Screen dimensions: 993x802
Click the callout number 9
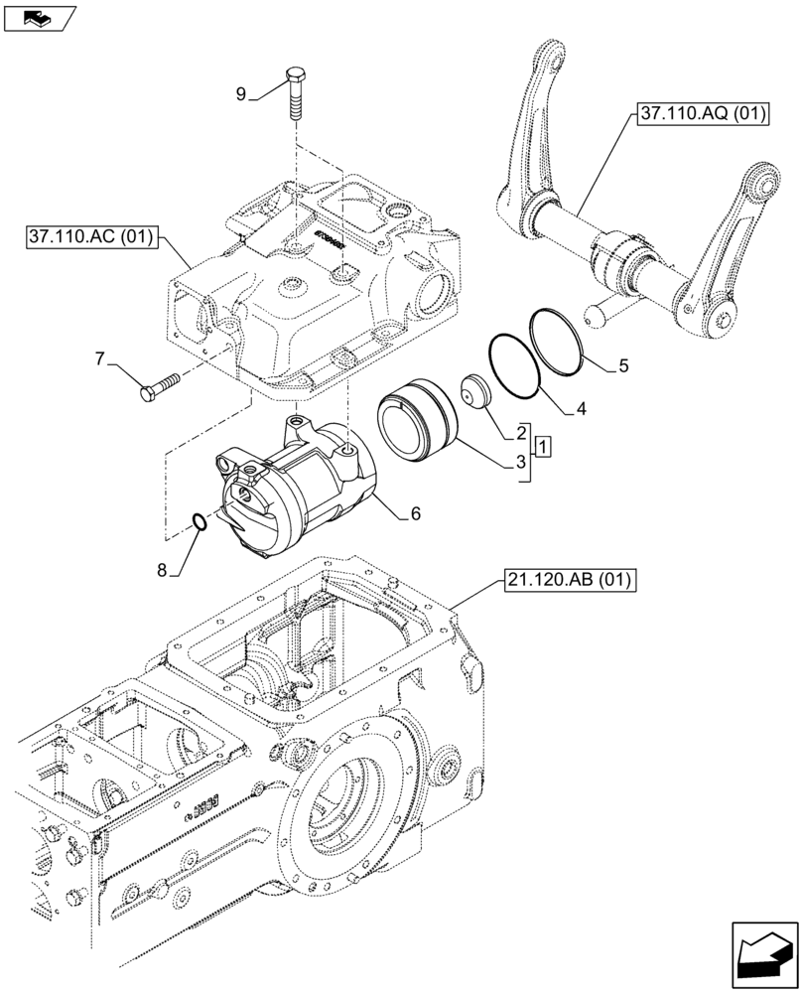pyautogui.click(x=241, y=94)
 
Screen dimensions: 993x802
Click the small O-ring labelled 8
pyautogui.click(x=199, y=521)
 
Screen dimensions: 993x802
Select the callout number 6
pyautogui.click(x=415, y=513)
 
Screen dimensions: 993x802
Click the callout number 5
pyautogui.click(x=622, y=365)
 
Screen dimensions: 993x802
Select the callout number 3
pyautogui.click(x=520, y=462)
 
